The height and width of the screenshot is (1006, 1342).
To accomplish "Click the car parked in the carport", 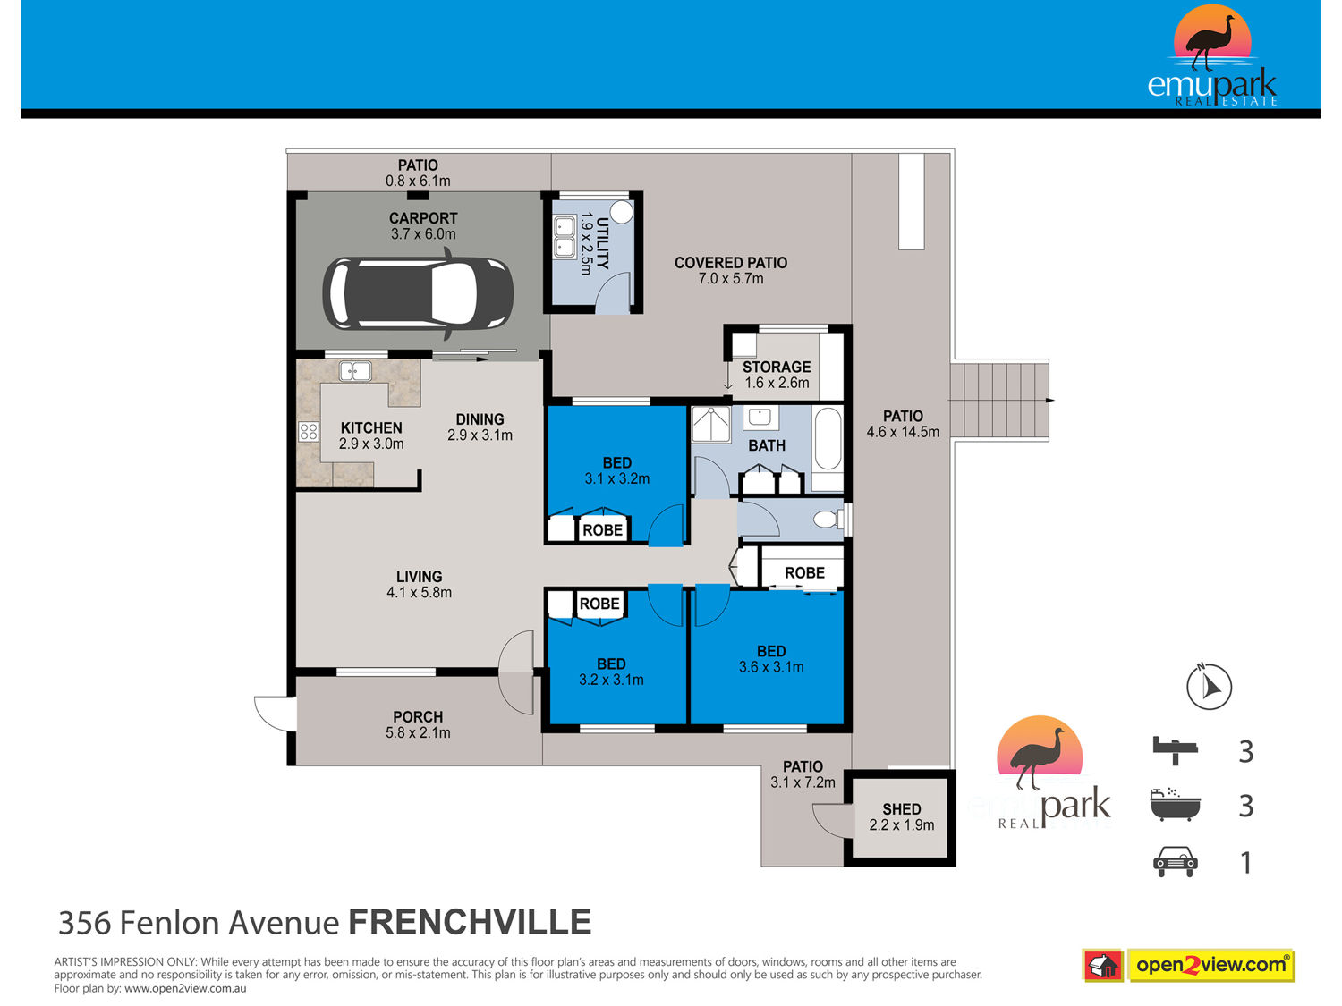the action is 418,293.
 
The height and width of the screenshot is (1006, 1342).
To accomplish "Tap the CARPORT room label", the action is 423,218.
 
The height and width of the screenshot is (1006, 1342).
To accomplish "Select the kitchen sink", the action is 355,371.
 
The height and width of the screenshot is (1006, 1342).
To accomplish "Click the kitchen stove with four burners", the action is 308,431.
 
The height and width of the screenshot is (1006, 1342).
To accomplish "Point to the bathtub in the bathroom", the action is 828,438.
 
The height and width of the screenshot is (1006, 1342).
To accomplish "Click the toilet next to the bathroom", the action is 828,520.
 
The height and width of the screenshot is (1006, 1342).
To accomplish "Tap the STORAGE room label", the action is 777,368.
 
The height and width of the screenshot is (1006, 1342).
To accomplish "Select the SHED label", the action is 901,808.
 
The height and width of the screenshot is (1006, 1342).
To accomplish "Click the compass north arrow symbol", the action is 1209,686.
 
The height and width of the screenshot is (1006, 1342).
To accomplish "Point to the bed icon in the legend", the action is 1175,750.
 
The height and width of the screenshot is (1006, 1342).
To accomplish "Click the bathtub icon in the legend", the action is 1175,805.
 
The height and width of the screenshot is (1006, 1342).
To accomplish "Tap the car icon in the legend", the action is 1175,862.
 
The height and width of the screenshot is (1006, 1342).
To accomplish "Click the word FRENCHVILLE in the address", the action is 470,922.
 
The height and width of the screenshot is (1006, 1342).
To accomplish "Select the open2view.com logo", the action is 1188,965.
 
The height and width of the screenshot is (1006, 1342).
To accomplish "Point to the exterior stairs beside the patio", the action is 999,400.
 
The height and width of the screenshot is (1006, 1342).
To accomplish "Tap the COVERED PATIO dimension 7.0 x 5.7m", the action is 731,278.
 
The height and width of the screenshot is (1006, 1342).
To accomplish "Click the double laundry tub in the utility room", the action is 565,236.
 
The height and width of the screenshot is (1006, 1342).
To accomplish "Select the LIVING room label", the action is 419,577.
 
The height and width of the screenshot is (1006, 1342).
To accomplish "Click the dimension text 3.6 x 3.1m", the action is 771,667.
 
